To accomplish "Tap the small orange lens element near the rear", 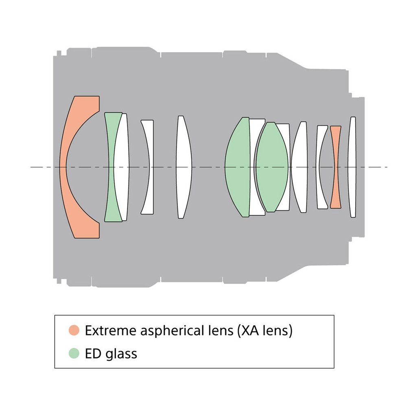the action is [336, 167].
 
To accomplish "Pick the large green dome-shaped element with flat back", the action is [238, 167].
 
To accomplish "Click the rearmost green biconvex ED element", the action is [272, 167].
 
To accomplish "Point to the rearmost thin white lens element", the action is [352, 167].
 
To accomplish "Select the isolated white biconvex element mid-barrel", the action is [184, 167].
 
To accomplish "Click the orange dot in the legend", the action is [74, 330].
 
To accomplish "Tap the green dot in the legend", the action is [74, 353].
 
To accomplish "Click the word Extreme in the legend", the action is [111, 330].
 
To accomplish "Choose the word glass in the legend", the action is [121, 354].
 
